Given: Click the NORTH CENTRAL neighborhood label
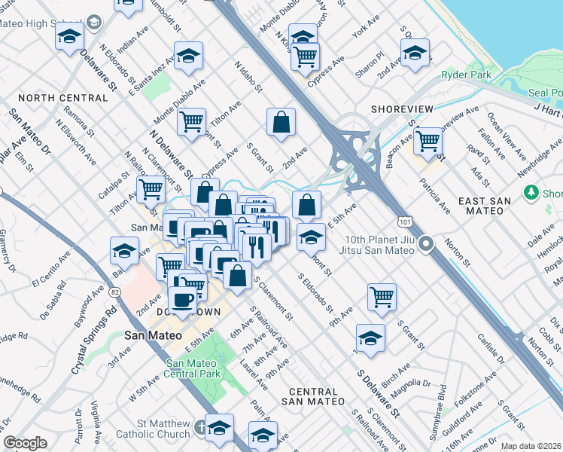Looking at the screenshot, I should (63, 99).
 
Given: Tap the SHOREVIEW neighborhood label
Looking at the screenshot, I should (402, 109).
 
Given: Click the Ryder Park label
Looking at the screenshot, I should (467, 75).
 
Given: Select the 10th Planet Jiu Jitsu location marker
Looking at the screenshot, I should (428, 244).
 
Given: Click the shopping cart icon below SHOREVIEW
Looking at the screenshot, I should (428, 140).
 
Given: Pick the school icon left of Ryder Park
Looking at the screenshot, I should (414, 53).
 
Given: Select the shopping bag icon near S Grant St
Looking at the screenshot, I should (281, 122).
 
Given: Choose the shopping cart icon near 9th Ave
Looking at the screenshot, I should (382, 296).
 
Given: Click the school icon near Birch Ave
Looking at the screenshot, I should (370, 337).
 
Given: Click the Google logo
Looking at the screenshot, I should (25, 442).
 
